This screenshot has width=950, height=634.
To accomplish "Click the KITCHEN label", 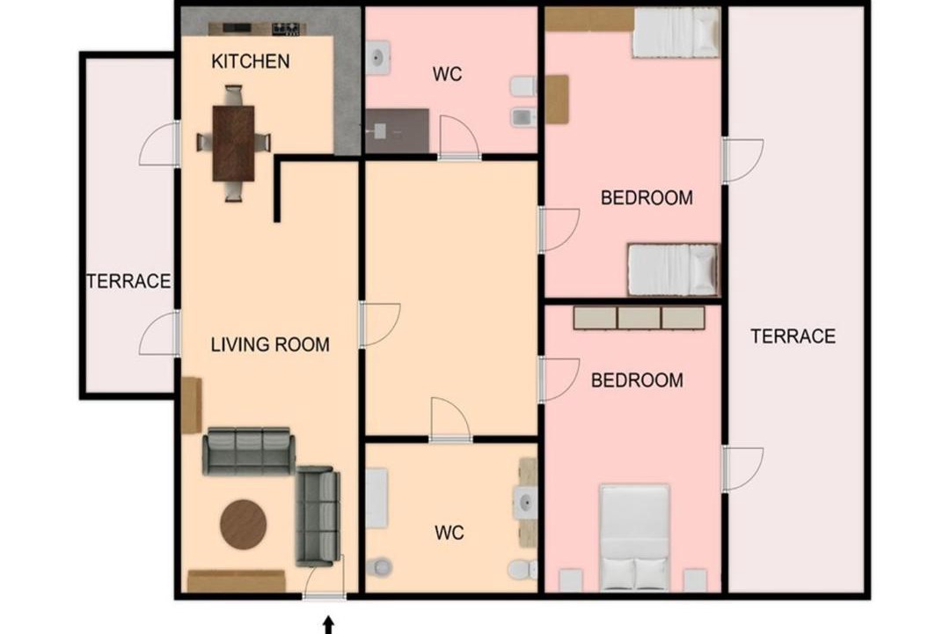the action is (x=250, y=62).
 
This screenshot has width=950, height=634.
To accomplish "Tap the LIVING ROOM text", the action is (x=270, y=344).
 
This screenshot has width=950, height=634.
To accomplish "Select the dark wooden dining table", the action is (x=233, y=144).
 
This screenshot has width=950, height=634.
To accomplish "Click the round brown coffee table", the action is (x=243, y=525).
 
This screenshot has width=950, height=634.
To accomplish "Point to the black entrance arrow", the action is (x=328, y=625).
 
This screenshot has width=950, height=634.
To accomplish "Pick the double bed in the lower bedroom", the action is (x=634, y=537).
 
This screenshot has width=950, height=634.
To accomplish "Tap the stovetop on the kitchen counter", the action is (x=285, y=28).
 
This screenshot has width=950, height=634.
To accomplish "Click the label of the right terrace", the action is (x=793, y=336).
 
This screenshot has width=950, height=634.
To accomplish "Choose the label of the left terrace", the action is (x=128, y=282).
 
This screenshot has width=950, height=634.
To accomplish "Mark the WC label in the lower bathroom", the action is (x=449, y=533).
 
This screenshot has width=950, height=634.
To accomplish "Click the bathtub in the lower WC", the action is (x=376, y=498).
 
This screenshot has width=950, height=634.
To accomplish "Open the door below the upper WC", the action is (x=458, y=138).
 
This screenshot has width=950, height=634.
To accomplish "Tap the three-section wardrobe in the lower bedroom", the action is (x=639, y=318).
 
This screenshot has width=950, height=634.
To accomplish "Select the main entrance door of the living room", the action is (x=324, y=578).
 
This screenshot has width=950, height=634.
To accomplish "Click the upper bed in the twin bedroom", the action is (x=676, y=33).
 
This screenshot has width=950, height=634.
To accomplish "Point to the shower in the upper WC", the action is (x=397, y=131).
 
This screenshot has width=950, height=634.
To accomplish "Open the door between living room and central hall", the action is (x=379, y=325).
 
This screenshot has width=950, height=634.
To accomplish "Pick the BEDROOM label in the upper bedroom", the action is (x=647, y=198).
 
